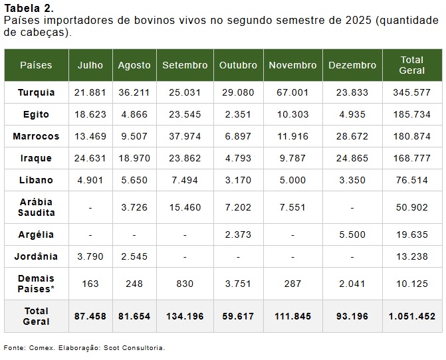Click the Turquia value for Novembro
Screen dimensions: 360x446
pyautogui.click(x=293, y=92)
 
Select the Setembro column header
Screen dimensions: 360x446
pyautogui.click(x=185, y=65)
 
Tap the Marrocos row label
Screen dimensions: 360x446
pyautogui.click(x=36, y=136)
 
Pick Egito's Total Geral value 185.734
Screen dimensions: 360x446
pyautogui.click(x=411, y=114)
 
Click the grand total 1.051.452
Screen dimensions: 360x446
pyautogui.click(x=411, y=316)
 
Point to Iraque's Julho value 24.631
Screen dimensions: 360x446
pyautogui.click(x=90, y=158)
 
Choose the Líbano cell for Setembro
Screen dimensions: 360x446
pyautogui.click(x=185, y=180)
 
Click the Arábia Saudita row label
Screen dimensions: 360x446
pyautogui.click(x=36, y=207)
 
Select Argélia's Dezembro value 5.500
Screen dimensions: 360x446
pyautogui.click(x=352, y=234)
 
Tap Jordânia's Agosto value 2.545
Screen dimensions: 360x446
pyautogui.click(x=134, y=256)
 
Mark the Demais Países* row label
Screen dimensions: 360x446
pyautogui.click(x=36, y=284)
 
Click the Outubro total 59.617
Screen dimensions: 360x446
pyautogui.click(x=238, y=316)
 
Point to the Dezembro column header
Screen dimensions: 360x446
pyautogui.click(x=352, y=65)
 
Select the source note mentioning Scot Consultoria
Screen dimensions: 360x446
pyautogui.click(x=84, y=347)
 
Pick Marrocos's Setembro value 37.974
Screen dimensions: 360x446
pyautogui.click(x=185, y=136)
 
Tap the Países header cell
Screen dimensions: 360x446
pyautogui.click(x=36, y=65)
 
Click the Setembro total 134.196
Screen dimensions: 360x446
pyautogui.click(x=185, y=316)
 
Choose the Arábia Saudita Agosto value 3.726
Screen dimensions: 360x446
pyautogui.click(x=134, y=207)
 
